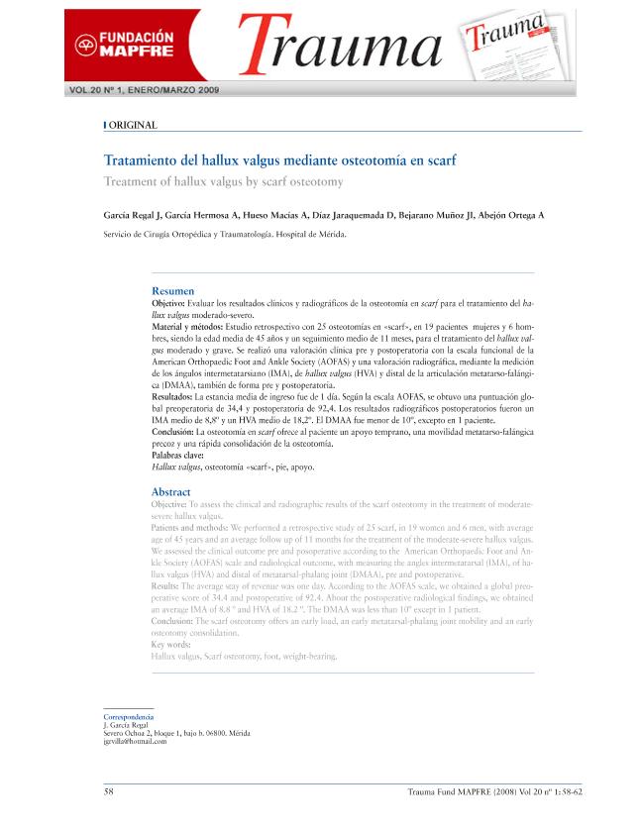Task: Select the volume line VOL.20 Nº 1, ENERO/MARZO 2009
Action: (145, 90)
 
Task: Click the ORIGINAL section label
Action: (132, 125)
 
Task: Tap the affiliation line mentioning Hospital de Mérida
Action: (226, 235)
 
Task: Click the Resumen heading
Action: (172, 290)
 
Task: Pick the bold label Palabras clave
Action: (185, 455)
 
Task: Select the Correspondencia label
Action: (129, 715)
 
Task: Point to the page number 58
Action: (109, 791)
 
